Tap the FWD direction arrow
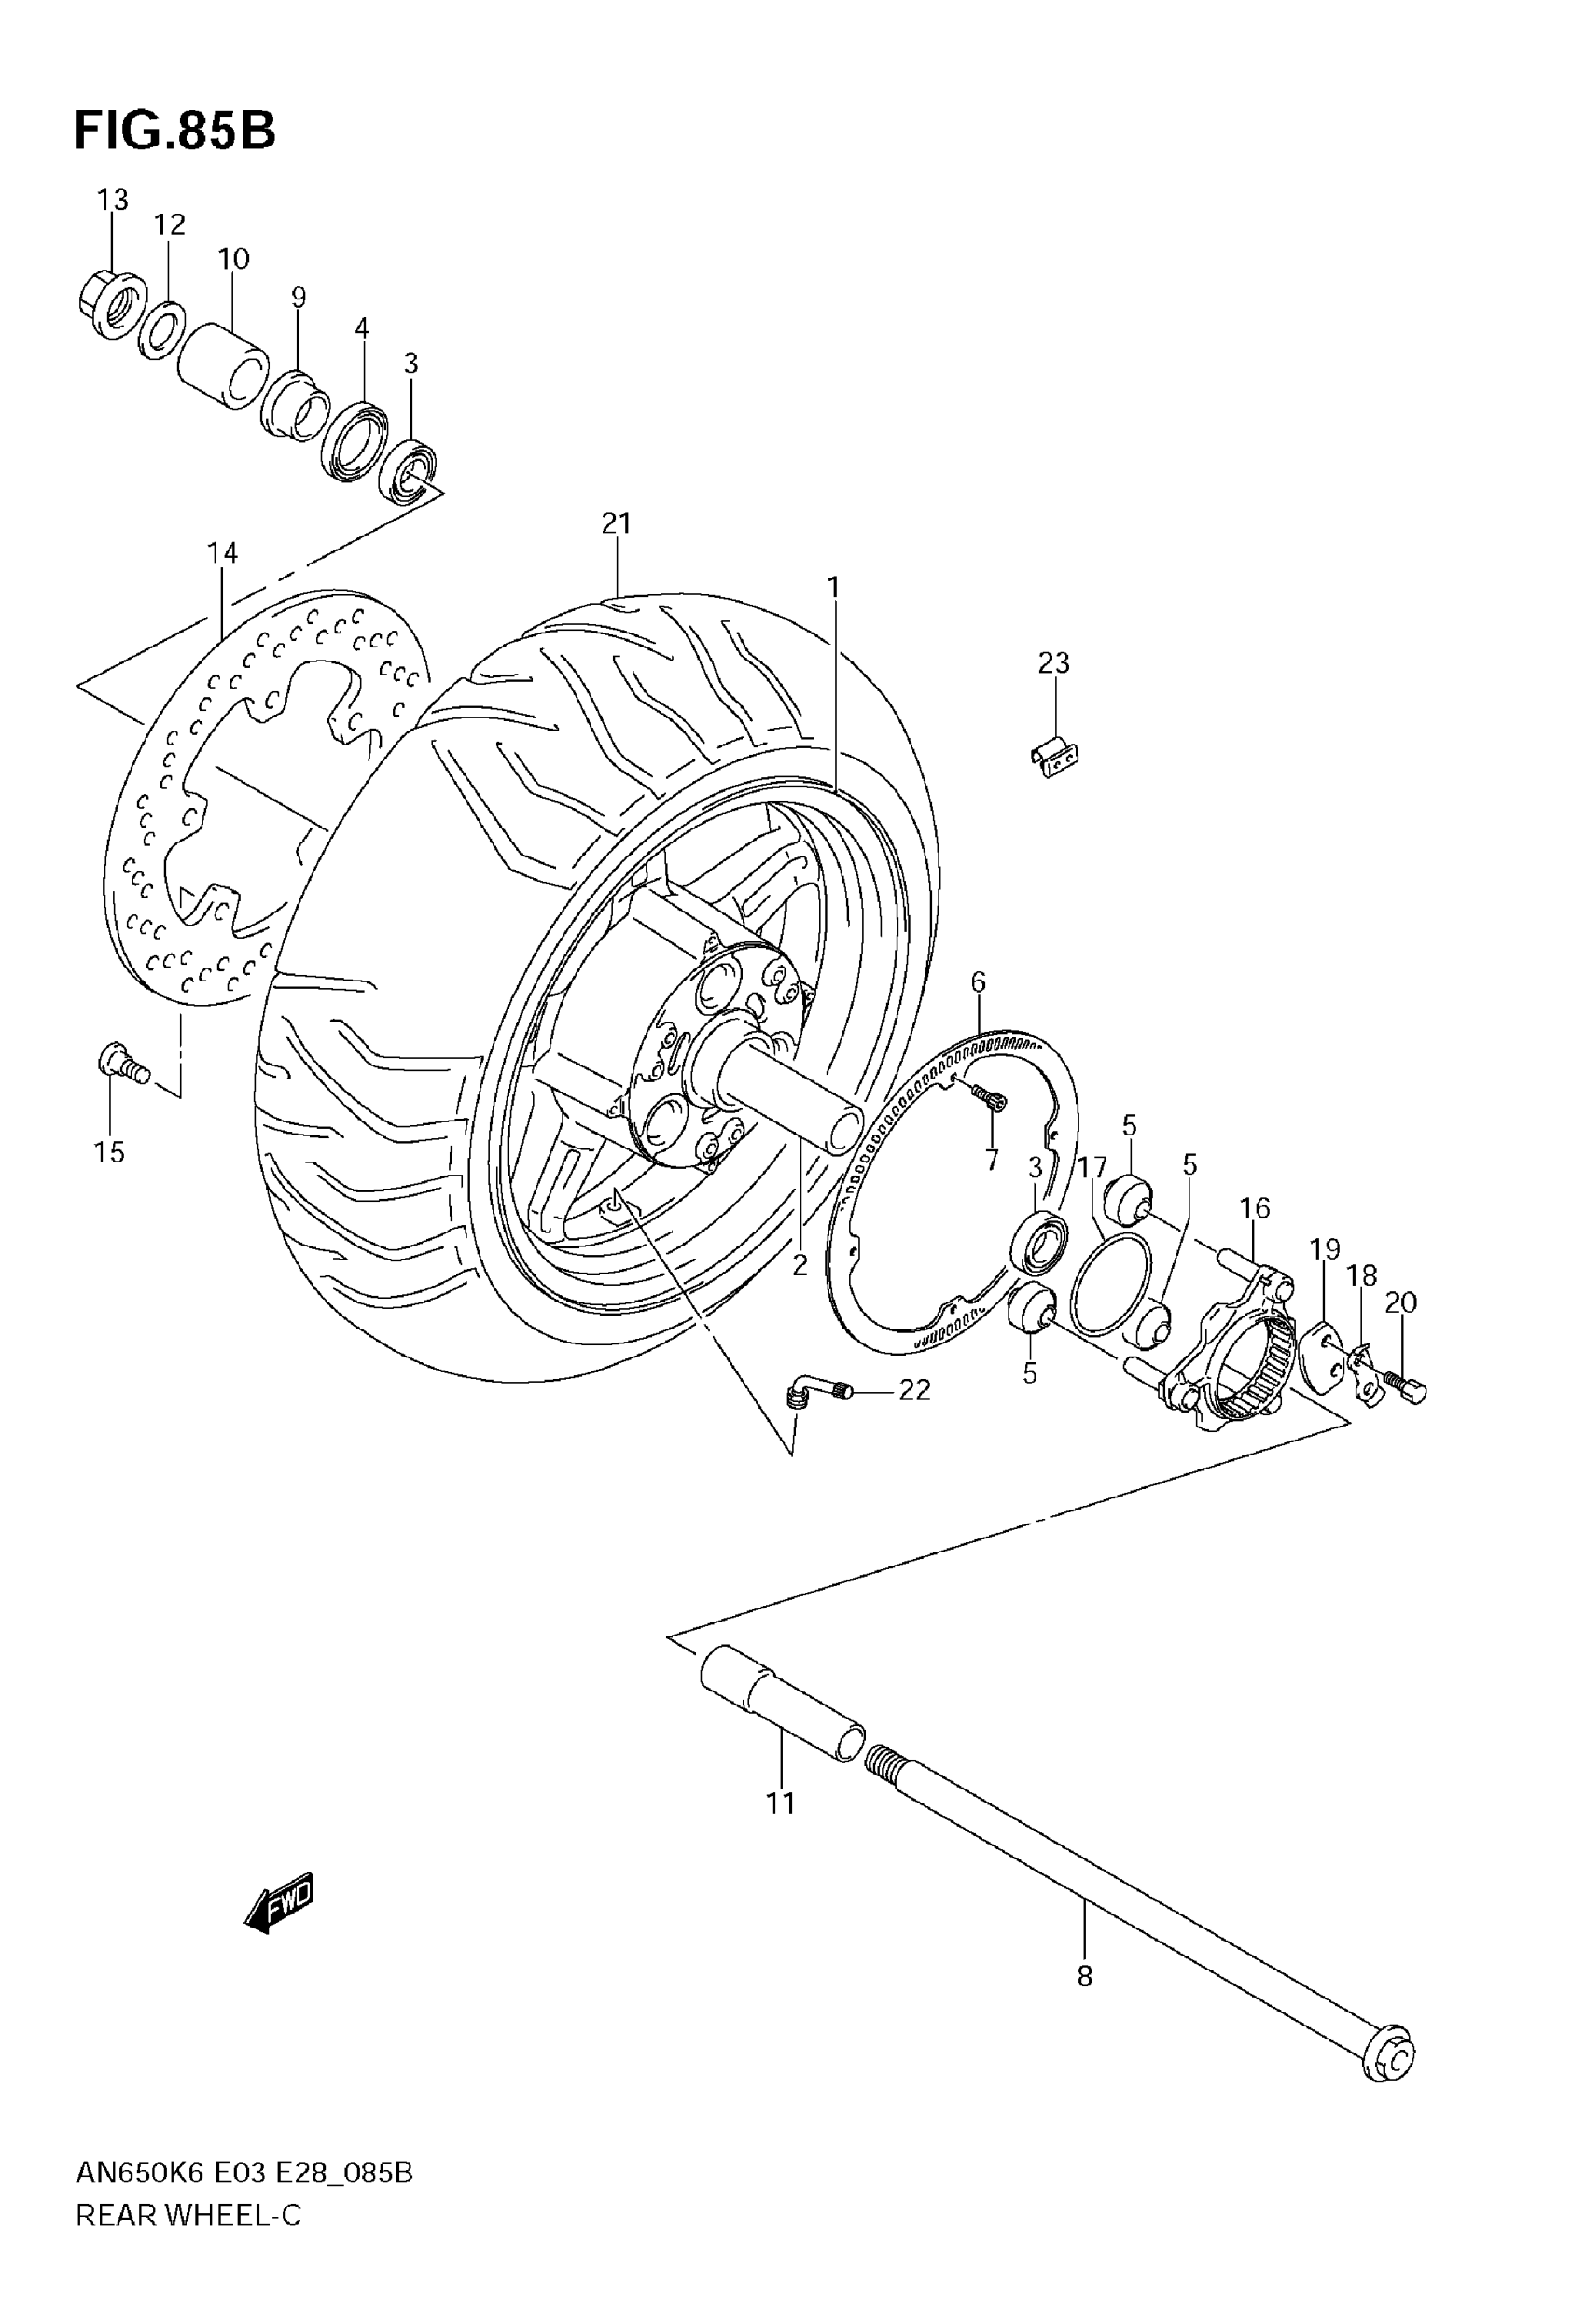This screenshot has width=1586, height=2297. [x=280, y=1901]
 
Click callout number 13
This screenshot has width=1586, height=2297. [x=112, y=200]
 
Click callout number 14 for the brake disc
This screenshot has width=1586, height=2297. [x=223, y=552]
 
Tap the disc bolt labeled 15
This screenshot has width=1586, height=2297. [x=121, y=1064]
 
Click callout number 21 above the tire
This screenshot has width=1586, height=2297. [x=616, y=522]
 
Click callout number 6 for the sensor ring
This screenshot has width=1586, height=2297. [x=978, y=982]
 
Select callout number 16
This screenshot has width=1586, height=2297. [x=1254, y=1208]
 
